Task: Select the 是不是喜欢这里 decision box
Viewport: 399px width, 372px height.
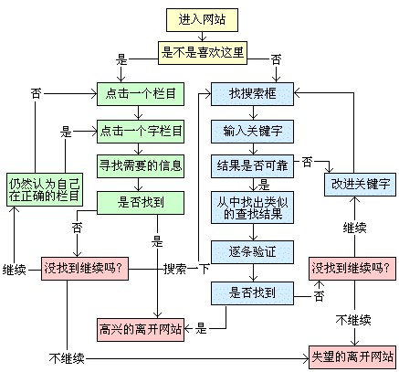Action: [x=203, y=52]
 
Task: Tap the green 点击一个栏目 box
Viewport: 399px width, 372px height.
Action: [x=141, y=93]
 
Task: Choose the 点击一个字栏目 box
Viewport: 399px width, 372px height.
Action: [x=141, y=130]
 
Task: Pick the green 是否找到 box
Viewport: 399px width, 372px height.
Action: [x=141, y=201]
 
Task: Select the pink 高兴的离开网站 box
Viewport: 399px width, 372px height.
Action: [x=140, y=326]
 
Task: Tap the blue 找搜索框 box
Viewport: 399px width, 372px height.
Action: [x=251, y=93]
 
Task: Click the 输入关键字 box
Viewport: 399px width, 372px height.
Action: [x=251, y=130]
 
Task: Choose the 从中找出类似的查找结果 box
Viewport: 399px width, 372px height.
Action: [x=251, y=207]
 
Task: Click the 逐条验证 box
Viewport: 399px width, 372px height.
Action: [x=251, y=249]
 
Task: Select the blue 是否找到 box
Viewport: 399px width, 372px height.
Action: [x=251, y=292]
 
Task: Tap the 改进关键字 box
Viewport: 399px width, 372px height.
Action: [x=359, y=184]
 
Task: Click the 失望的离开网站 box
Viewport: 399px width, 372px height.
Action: [x=352, y=356]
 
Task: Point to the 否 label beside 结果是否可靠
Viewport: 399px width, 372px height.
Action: [x=307, y=162]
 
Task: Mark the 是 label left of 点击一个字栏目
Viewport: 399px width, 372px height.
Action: [x=66, y=131]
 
